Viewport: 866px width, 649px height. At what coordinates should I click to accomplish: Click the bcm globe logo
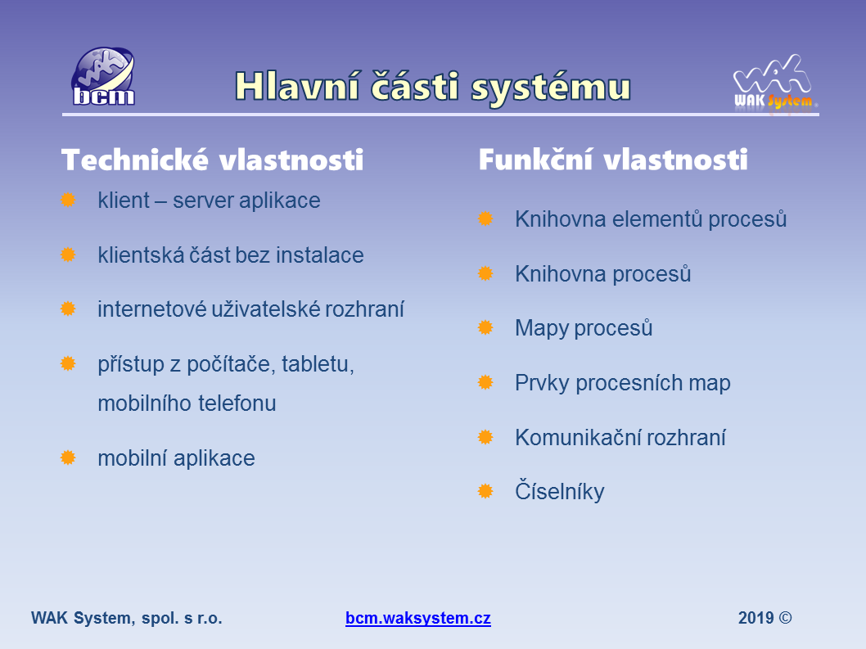(x=103, y=76)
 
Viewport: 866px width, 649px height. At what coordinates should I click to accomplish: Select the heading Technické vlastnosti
(x=213, y=160)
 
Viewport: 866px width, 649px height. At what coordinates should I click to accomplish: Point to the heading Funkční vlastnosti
(x=613, y=160)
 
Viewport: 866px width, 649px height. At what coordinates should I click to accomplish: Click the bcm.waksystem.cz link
(x=418, y=618)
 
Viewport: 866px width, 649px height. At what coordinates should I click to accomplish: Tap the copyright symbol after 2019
(x=785, y=618)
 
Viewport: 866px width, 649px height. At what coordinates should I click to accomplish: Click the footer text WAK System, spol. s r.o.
(x=127, y=618)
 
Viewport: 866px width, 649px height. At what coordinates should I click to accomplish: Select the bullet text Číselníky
(x=560, y=491)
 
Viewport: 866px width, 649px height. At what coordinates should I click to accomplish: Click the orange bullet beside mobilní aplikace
(x=68, y=457)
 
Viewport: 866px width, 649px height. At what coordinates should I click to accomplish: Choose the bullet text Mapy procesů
(x=584, y=327)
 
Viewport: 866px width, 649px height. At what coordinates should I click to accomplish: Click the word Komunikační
(x=577, y=438)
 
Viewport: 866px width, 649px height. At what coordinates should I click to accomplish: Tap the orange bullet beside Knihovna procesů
(x=485, y=273)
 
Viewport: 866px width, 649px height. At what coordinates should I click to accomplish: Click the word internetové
(x=152, y=309)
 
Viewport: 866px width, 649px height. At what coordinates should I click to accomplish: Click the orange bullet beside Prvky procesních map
(x=485, y=382)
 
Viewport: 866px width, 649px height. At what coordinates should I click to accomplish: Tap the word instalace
(x=320, y=255)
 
